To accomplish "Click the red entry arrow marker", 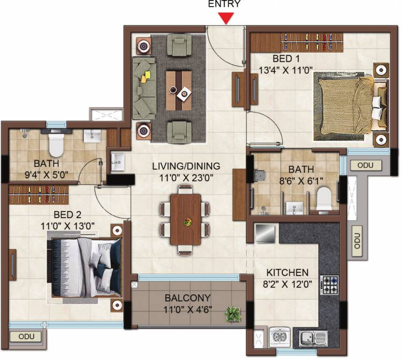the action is pos(226,19).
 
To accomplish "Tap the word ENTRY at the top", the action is pos(224,4).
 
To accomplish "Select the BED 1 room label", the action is pos(286,59).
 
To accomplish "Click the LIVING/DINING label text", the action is pos(186,166).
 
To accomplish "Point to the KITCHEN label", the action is pos(288,273).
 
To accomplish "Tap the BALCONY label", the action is pos(188,298).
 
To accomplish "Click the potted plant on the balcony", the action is pos(233,314).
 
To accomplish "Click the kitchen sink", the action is pos(313,338).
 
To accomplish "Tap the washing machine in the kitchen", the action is pos(280,337).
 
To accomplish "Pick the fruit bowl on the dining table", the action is pos(188,221).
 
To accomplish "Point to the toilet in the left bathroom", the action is pos(56,143).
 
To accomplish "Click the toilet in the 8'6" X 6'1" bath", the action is pos(324,199).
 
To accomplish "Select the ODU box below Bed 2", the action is pos(26,337).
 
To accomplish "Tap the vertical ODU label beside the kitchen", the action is pos(357,241).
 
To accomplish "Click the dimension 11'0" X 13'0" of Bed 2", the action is pos(68,226).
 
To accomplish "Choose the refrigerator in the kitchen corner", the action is pos(265,233).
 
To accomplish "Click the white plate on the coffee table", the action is pos(184,94).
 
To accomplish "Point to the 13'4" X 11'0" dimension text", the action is pos(286,70).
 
